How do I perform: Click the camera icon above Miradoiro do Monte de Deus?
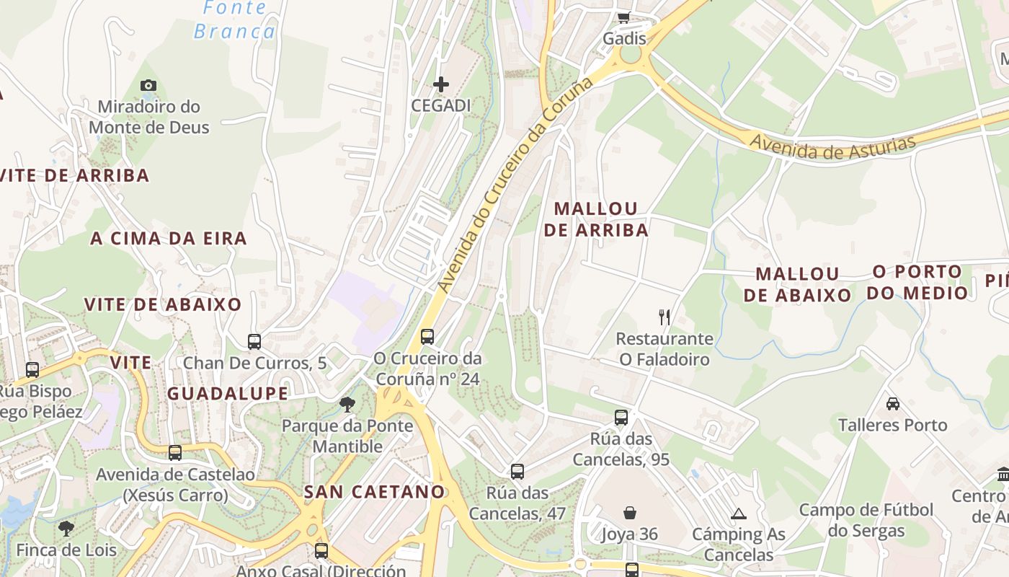[x=148, y=85]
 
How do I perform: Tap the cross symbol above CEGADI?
[x=440, y=84]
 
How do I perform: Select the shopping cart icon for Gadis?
[x=623, y=17]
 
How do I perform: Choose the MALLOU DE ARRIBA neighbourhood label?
[x=596, y=219]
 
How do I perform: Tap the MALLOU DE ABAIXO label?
[x=798, y=284]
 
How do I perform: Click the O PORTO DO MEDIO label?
[x=917, y=282]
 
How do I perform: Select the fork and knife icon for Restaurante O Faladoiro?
[x=664, y=317]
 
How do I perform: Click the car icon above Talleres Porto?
[x=893, y=403]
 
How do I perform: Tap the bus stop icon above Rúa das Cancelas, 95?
[x=621, y=417]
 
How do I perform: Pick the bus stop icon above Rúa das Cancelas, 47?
[x=517, y=472]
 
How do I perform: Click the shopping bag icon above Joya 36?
[x=630, y=513]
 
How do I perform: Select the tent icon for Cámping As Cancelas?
[x=738, y=514]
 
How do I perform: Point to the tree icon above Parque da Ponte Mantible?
[x=347, y=404]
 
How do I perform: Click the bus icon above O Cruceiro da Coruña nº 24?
[x=427, y=336]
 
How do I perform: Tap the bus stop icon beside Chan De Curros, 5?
[x=254, y=342]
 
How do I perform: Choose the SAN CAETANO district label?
[x=374, y=492]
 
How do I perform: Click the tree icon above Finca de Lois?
[x=66, y=528]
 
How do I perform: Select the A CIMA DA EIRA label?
[x=168, y=238]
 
